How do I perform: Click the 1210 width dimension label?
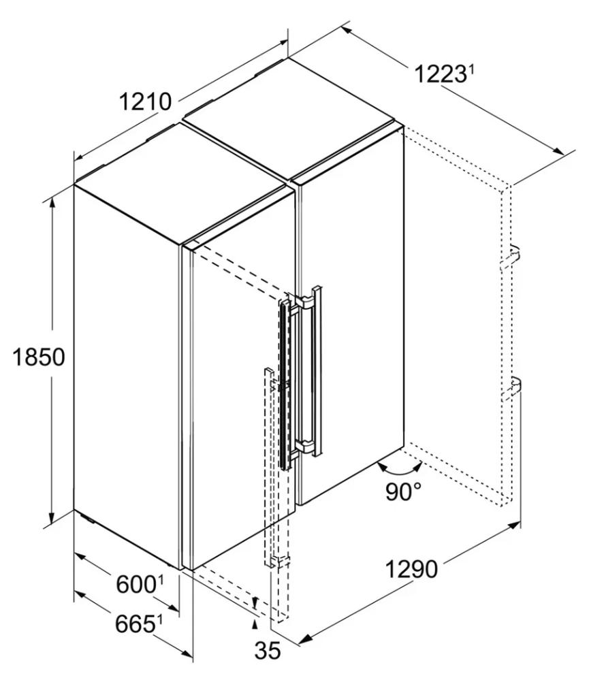[145, 102]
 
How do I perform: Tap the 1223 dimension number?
[438, 74]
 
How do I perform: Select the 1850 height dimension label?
[39, 357]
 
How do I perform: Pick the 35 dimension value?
[268, 651]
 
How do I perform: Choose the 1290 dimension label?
[411, 570]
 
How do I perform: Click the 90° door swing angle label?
[403, 491]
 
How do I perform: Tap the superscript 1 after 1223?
[470, 69]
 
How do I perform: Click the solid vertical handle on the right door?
[318, 371]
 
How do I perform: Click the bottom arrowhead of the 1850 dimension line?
[52, 517]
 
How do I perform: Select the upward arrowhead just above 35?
[255, 624]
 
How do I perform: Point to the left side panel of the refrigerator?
[127, 376]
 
